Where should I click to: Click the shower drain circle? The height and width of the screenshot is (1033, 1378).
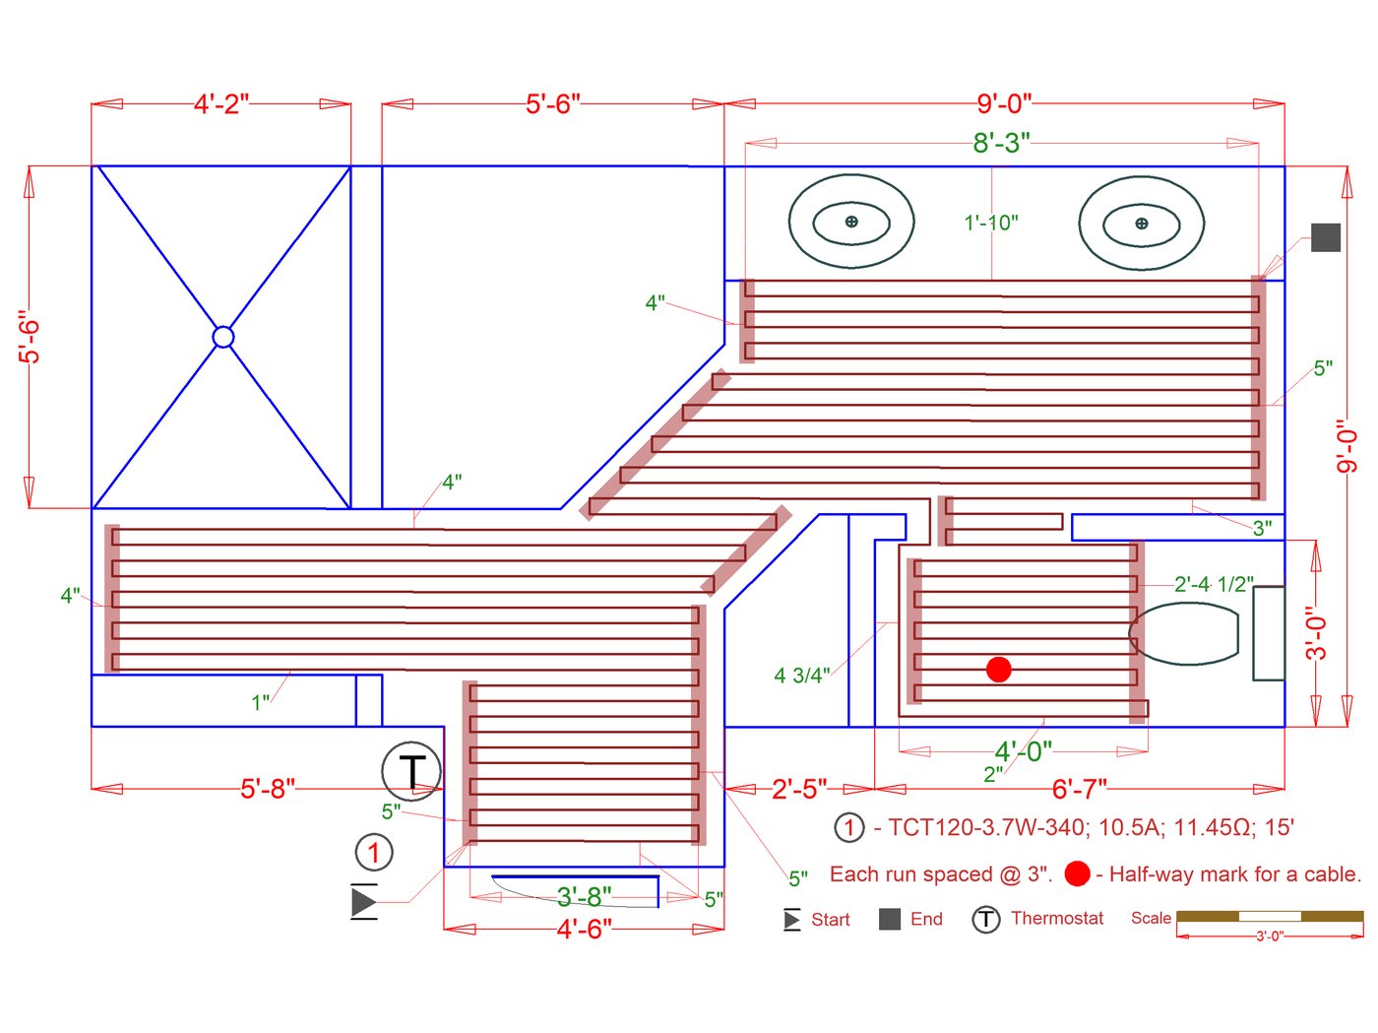pyautogui.click(x=223, y=337)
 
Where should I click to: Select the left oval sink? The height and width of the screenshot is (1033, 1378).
pyautogui.click(x=851, y=222)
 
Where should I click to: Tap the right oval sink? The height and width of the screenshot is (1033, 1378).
pyautogui.click(x=1141, y=224)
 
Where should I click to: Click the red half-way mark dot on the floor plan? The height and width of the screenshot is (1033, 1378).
pyautogui.click(x=998, y=670)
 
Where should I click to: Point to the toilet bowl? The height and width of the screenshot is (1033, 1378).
pyautogui.click(x=1184, y=634)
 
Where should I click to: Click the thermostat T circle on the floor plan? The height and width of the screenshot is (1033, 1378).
pyautogui.click(x=411, y=771)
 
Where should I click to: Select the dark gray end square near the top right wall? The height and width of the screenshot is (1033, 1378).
pyautogui.click(x=1326, y=237)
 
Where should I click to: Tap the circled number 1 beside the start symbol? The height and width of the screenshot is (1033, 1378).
pyautogui.click(x=373, y=852)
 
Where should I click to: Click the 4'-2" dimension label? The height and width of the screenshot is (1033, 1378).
pyautogui.click(x=221, y=104)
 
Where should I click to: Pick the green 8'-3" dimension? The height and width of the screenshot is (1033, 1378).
pyautogui.click(x=1001, y=144)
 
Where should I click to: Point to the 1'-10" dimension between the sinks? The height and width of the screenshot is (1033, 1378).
pyautogui.click(x=991, y=224)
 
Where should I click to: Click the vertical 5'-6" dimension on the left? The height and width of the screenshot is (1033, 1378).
pyautogui.click(x=31, y=338)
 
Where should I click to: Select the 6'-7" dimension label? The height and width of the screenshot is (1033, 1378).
pyautogui.click(x=1080, y=789)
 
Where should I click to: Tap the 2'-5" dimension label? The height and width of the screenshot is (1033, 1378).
pyautogui.click(x=799, y=789)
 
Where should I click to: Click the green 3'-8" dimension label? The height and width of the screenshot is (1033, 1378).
pyautogui.click(x=584, y=896)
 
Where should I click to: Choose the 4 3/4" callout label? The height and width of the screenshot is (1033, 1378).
pyautogui.click(x=801, y=676)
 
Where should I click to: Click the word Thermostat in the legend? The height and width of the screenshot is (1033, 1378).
pyautogui.click(x=1057, y=919)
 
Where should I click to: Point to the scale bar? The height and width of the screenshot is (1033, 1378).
pyautogui.click(x=1270, y=917)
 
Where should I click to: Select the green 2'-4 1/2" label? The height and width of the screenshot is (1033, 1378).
pyautogui.click(x=1214, y=584)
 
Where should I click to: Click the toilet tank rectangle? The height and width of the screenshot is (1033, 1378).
pyautogui.click(x=1269, y=633)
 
